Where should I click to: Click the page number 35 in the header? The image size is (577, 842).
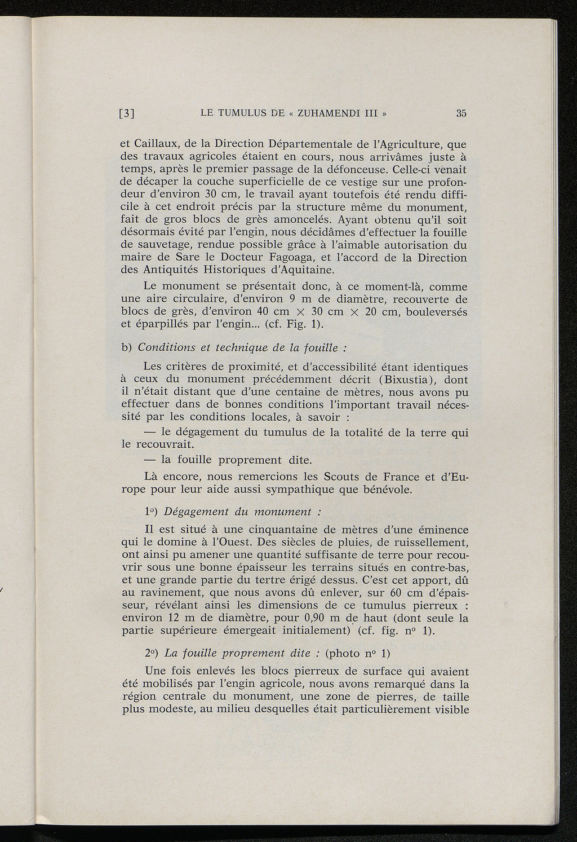click(461, 113)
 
